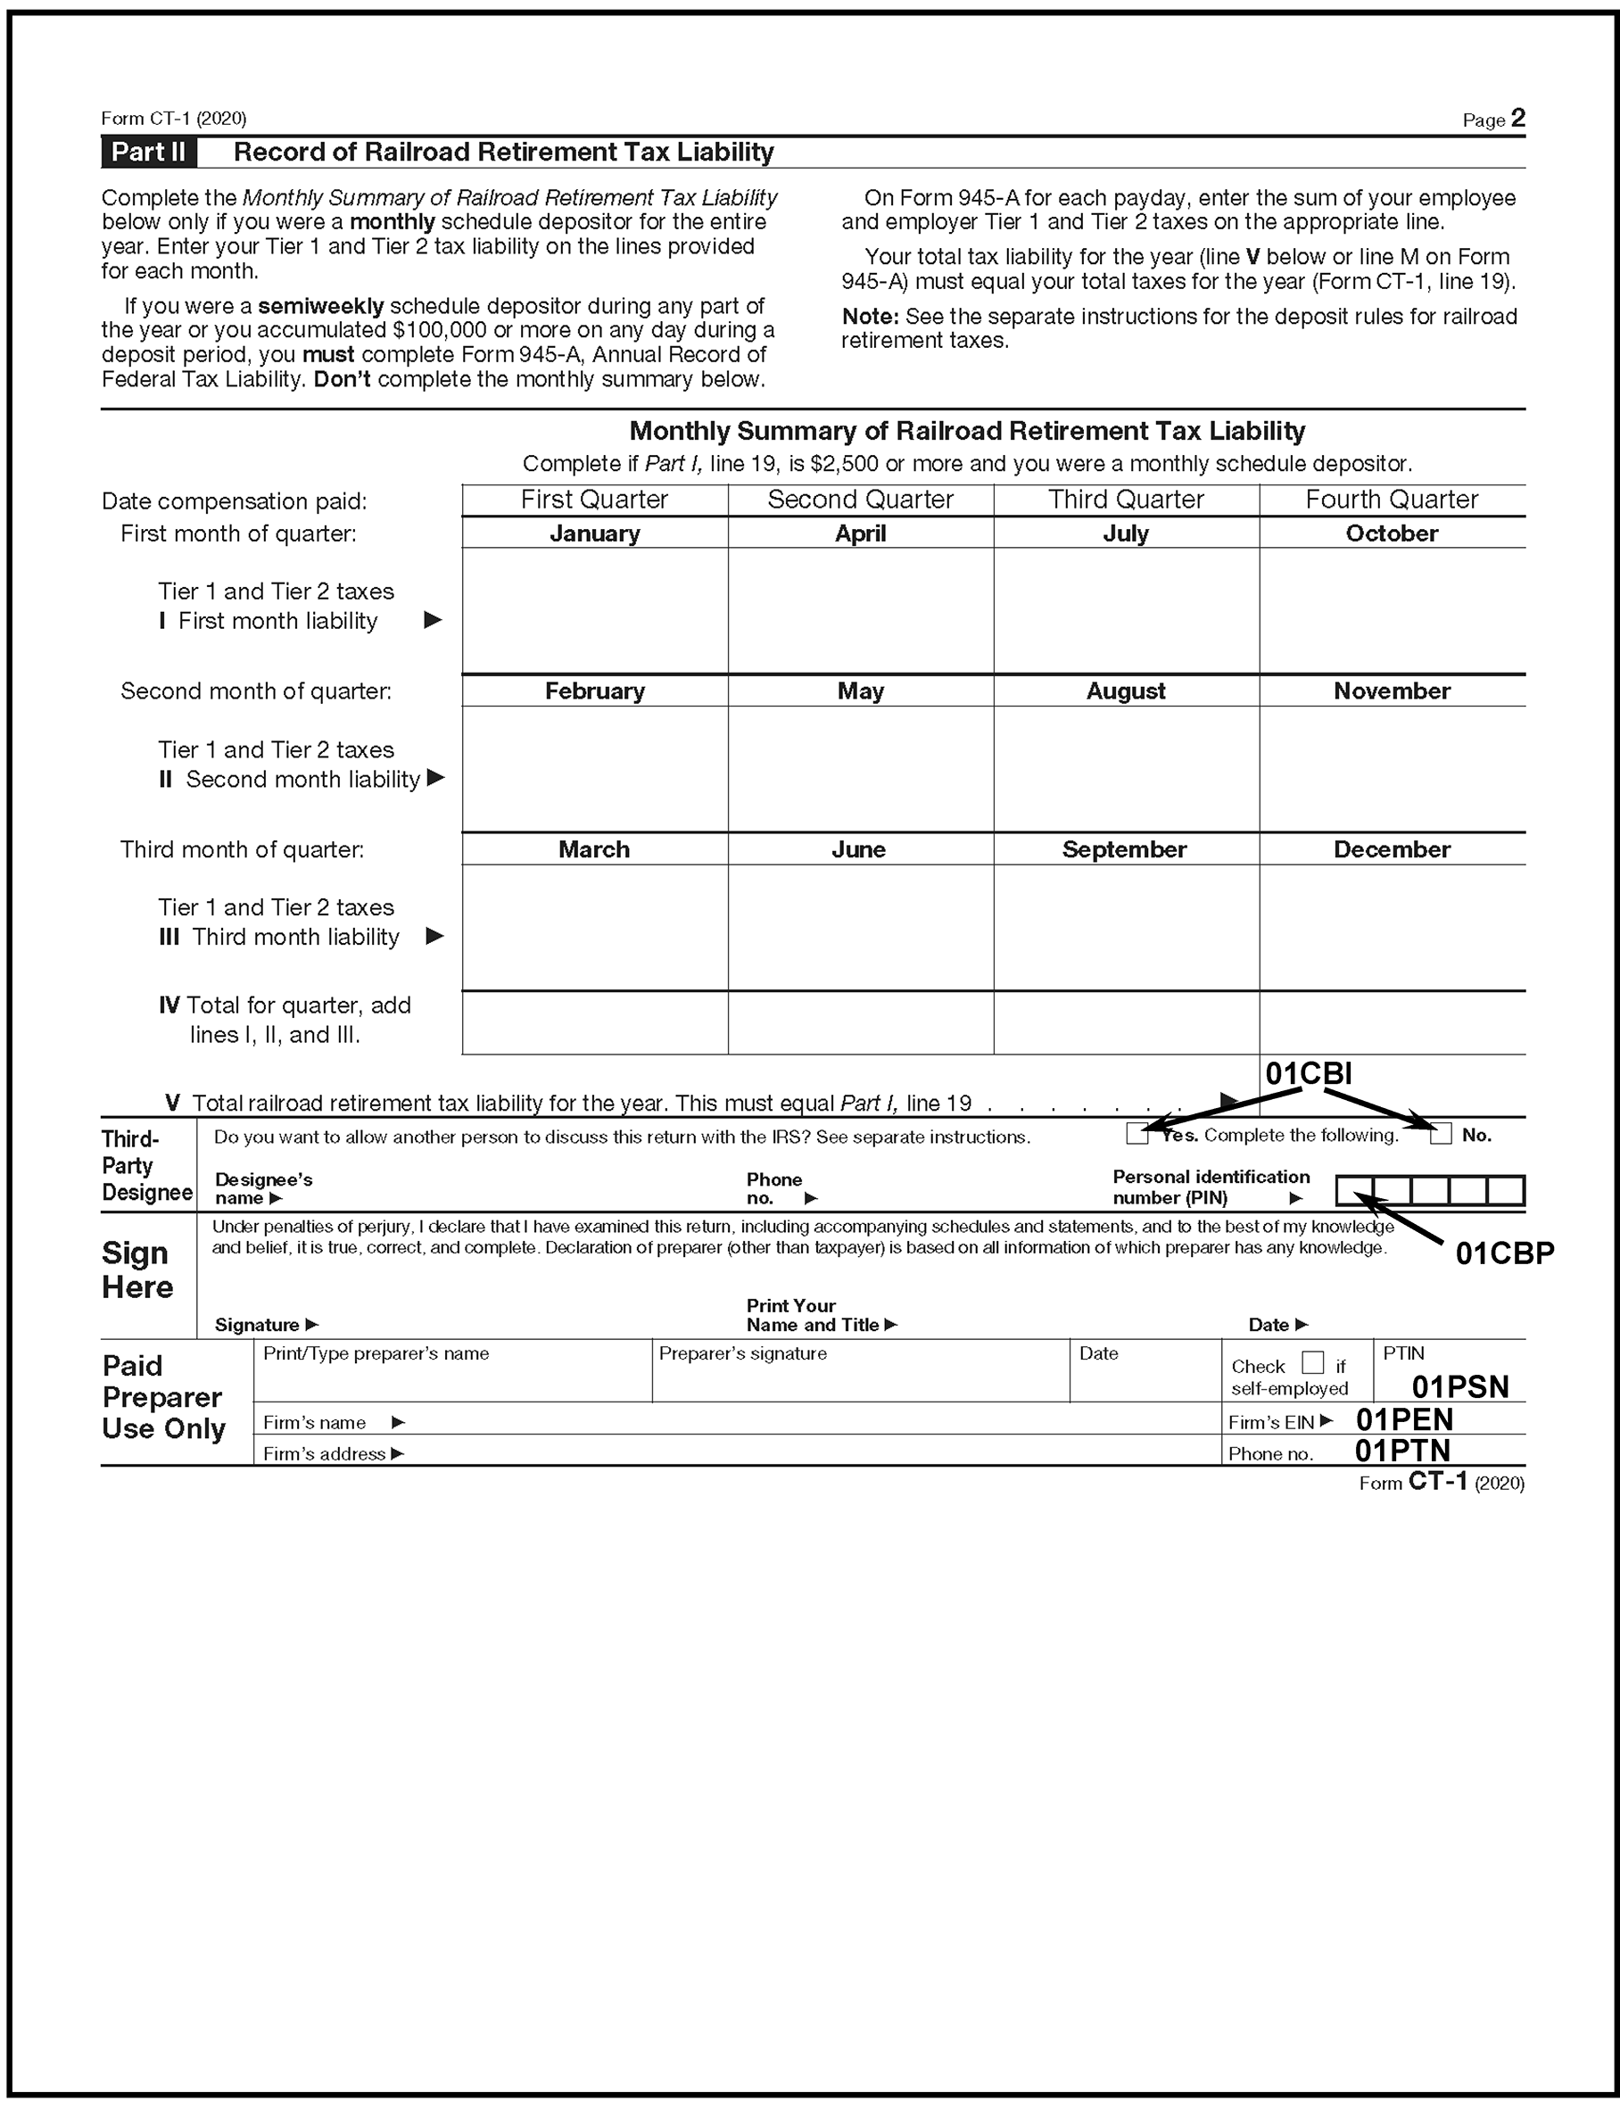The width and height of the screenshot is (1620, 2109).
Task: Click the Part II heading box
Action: (148, 153)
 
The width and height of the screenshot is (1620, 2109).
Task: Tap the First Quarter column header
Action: (594, 500)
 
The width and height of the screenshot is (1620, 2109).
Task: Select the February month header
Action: (594, 691)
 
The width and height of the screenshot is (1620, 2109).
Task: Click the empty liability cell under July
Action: (1125, 610)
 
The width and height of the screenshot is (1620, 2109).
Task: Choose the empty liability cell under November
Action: (1392, 769)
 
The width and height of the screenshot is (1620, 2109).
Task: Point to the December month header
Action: (1392, 849)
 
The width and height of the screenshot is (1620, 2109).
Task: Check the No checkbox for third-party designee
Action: (1441, 1135)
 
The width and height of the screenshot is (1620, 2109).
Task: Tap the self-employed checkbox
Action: (1312, 1362)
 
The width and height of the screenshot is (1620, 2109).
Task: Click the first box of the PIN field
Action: (1354, 1191)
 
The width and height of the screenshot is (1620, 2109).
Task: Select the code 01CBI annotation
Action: (1309, 1073)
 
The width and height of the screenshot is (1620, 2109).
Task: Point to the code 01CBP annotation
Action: (1504, 1253)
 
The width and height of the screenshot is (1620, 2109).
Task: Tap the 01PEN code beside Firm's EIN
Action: (1404, 1419)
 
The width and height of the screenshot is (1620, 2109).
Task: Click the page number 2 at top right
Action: (1517, 118)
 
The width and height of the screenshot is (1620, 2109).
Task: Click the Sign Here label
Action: (136, 1270)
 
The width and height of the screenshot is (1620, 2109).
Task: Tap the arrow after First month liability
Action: (433, 620)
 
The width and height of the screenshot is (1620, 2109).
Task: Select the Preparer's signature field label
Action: (742, 1354)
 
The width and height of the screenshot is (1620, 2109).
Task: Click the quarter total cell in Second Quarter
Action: (860, 1022)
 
